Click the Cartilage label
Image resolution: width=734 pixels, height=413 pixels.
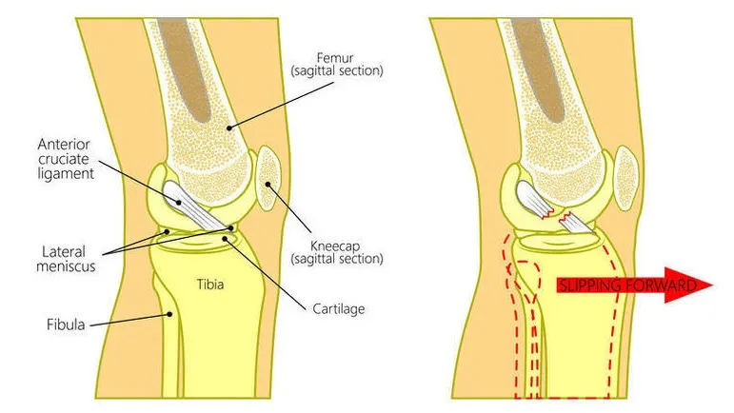tap(338, 308)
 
